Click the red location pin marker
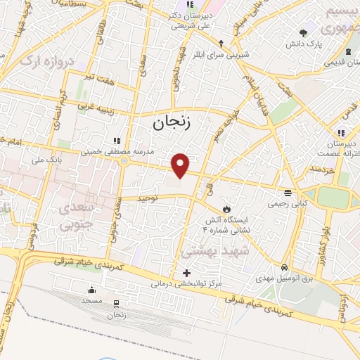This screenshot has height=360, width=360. (181, 165)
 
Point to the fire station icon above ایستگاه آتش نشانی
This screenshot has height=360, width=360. (226, 209)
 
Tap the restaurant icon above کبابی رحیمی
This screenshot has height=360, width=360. (287, 193)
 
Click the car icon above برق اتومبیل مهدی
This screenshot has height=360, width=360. (283, 268)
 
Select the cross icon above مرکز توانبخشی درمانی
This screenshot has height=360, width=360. (186, 273)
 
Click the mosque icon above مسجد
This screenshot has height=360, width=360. (91, 290)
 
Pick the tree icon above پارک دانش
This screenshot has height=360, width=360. (303, 32)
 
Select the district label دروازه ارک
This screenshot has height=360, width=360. (46, 62)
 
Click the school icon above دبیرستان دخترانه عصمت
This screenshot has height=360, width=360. (340, 132)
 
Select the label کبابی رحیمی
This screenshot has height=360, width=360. (287, 204)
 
